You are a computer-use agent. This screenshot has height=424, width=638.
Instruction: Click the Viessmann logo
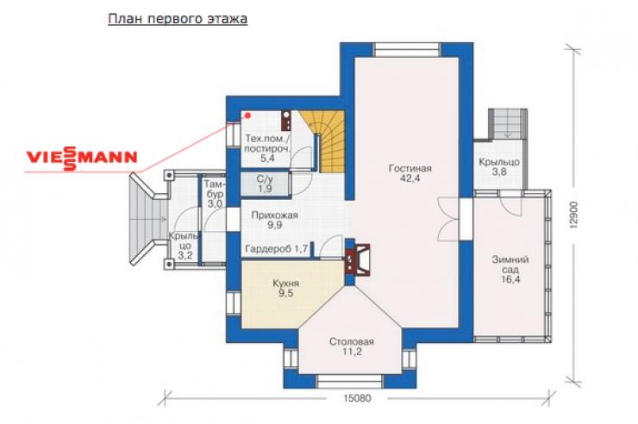(82, 158)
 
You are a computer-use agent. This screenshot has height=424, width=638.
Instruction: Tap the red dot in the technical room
(247, 115)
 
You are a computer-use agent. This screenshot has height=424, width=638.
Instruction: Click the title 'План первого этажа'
(178, 19)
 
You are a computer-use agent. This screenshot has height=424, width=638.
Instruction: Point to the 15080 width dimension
(357, 397)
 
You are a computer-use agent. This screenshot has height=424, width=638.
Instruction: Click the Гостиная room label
(410, 173)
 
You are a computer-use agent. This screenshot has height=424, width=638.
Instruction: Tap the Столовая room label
(352, 346)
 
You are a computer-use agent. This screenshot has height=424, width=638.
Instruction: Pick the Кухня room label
(285, 288)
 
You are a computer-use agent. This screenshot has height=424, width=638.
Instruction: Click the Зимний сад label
(510, 269)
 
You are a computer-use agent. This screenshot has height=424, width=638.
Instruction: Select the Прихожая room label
(275, 220)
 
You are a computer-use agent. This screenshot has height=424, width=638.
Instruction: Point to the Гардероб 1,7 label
(276, 249)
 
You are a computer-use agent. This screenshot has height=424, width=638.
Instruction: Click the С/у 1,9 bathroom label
(265, 184)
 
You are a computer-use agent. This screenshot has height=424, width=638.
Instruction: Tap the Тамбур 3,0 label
(215, 194)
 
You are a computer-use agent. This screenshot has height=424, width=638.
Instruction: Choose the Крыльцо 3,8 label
(499, 166)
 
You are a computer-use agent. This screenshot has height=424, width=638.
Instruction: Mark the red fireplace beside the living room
(357, 259)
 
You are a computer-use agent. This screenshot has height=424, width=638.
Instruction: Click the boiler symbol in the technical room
(286, 121)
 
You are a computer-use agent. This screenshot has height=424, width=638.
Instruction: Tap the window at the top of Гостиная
(407, 49)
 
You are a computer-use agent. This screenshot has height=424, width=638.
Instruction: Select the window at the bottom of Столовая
(350, 381)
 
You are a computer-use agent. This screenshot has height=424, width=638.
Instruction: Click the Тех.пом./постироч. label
(267, 148)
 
